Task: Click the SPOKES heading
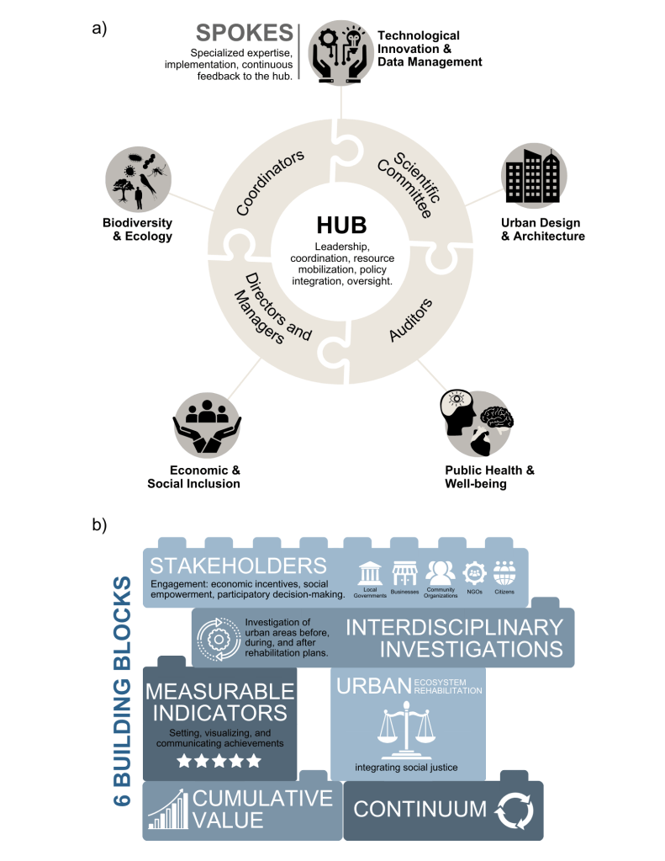[244, 34]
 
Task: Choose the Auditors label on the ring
[411, 320]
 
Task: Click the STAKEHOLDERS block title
[238, 564]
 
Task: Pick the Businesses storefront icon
[405, 575]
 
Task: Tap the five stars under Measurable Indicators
[219, 760]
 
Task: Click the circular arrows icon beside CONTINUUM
[514, 811]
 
